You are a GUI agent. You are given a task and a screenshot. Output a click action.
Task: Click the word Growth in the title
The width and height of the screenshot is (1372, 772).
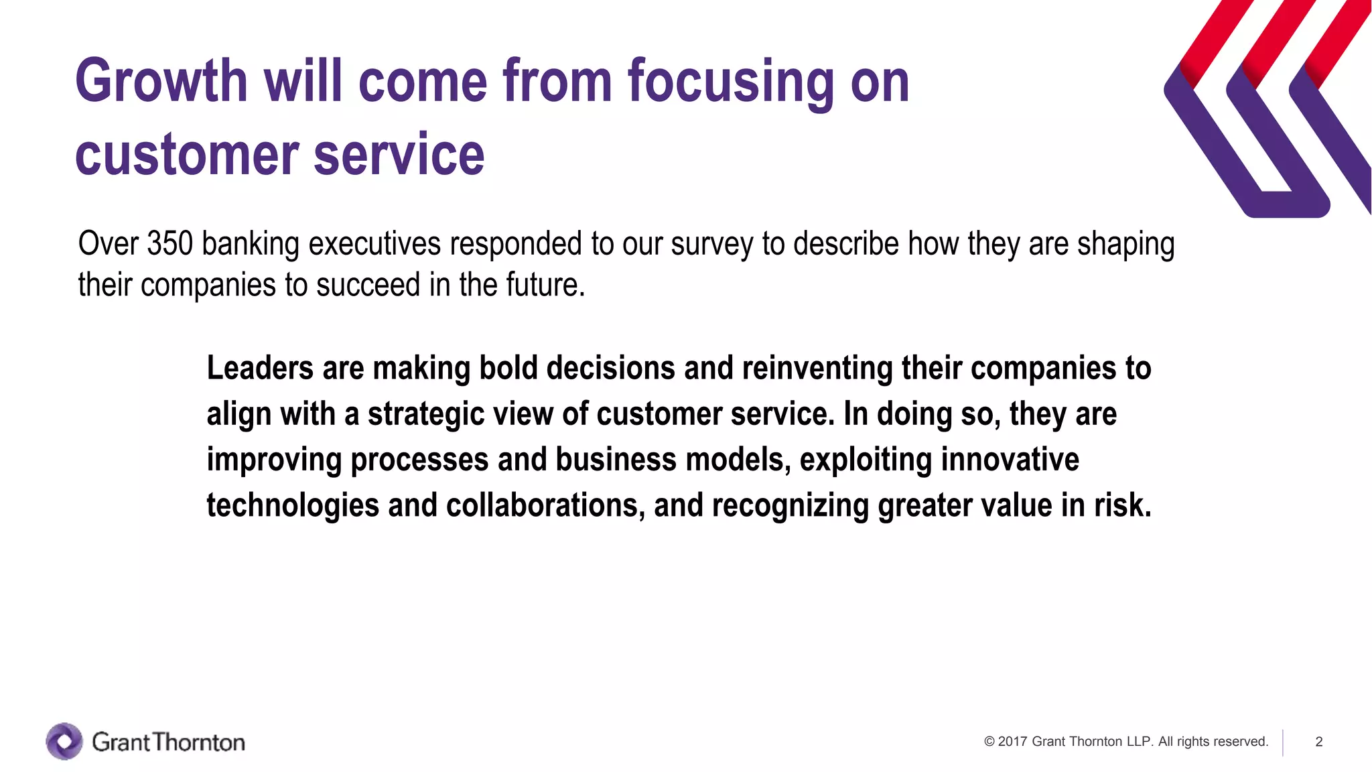click(161, 82)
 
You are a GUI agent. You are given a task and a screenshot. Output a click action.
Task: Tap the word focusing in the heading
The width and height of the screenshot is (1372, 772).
click(731, 82)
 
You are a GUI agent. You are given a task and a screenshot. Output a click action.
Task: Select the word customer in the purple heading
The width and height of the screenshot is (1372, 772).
click(187, 155)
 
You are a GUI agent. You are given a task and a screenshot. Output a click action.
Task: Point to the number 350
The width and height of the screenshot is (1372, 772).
click(169, 244)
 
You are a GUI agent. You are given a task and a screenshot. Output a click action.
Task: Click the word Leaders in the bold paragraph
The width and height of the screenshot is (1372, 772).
click(260, 369)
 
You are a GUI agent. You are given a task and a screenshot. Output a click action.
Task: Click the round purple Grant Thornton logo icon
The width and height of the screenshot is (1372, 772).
click(64, 741)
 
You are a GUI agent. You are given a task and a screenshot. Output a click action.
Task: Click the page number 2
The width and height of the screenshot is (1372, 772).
click(1318, 742)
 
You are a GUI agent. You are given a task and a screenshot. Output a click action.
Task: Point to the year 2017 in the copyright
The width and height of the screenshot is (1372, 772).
click(1012, 742)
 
